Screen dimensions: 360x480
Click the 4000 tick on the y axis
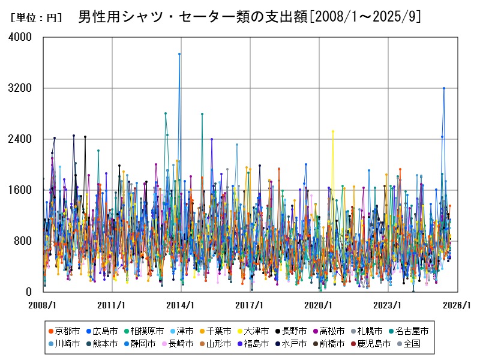pyautogui.click(x=22, y=37)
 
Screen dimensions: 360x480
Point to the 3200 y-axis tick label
pyautogui.click(x=22, y=88)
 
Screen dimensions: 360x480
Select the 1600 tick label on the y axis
pyautogui.click(x=22, y=190)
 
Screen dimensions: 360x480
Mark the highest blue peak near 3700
pyautogui.click(x=179, y=54)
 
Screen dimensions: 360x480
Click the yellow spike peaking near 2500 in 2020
pyautogui.click(x=333, y=131)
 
